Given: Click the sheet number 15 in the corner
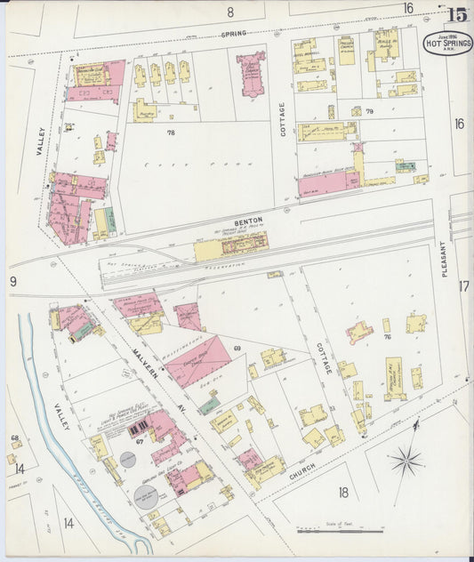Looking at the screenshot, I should pyautogui.click(x=457, y=14).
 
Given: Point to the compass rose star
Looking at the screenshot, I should pyautogui.click(x=406, y=460).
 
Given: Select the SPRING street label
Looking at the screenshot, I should pyautogui.click(x=233, y=33).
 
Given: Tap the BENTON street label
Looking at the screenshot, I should pyautogui.click(x=246, y=222).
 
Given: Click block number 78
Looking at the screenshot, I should pyautogui.click(x=171, y=132).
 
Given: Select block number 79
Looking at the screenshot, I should pyautogui.click(x=369, y=111).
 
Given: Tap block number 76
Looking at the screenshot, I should pyautogui.click(x=387, y=337).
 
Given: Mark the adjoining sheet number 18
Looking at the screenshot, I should pyautogui.click(x=343, y=492).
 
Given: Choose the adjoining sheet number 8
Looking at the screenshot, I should pyautogui.click(x=229, y=12).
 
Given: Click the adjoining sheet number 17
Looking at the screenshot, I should pyautogui.click(x=462, y=286).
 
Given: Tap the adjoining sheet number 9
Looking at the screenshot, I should pyautogui.click(x=13, y=282).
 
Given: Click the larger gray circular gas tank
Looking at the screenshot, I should pyautogui.click(x=146, y=496).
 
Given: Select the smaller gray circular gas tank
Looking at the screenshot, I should pyautogui.click(x=128, y=459).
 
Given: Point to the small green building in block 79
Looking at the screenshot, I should pyautogui.click(x=405, y=165).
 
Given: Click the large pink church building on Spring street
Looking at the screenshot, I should pyautogui.click(x=251, y=74).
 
